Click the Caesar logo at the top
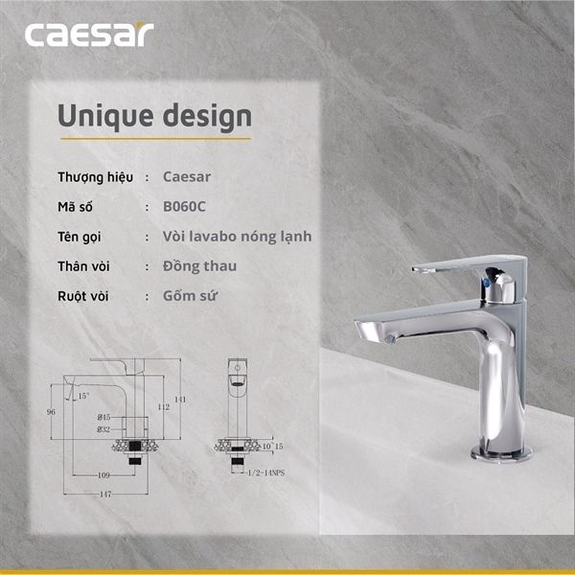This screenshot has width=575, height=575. pos(88,35)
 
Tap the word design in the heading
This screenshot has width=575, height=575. pos(206,116)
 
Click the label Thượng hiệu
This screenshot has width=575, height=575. pos(95,177)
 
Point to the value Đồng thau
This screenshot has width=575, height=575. pos(199,265)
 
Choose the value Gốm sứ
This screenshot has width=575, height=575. pos(189,295)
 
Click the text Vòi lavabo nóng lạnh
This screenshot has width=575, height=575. pos(237,236)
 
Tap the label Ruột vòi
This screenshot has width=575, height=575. pos(83,295)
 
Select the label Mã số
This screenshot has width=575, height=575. pos(77,206)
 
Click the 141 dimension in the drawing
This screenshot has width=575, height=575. pos(178,399)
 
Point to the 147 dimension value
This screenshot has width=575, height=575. pos(105,494)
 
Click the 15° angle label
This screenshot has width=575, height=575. pos(83,395)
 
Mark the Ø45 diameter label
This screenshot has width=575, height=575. pos(104,418)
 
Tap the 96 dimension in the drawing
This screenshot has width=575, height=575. pos(51,411)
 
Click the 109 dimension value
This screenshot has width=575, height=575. pos(103,475)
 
